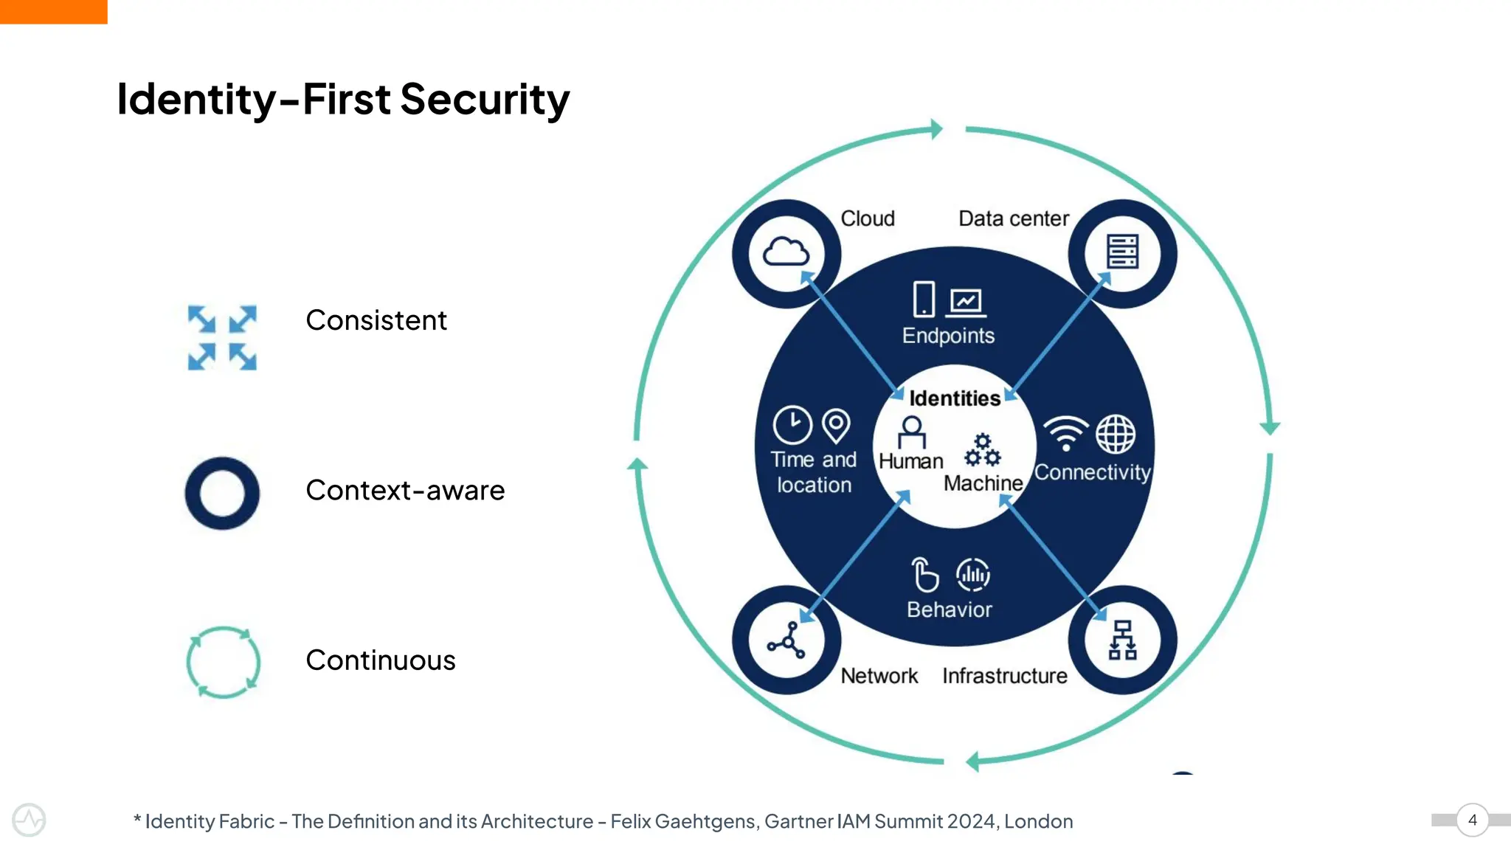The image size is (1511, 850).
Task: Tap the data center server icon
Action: pos(1122,252)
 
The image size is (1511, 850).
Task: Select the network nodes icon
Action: pos(786,640)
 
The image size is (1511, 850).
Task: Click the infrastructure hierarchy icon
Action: pos(1122,640)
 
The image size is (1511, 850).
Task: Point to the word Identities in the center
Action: pos(955,398)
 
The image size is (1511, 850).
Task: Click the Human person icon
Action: pos(912,432)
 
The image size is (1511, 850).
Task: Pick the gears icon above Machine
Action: pos(983,450)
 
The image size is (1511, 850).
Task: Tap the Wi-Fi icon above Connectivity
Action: pos(1065,433)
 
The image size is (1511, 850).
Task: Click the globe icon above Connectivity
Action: pos(1116,434)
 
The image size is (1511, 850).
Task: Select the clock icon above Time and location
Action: pos(792,425)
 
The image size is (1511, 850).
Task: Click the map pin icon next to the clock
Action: pos(836,426)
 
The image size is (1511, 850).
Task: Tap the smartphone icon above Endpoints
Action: pos(923,300)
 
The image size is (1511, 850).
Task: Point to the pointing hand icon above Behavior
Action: pos(924,575)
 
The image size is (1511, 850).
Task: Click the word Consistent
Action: pos(376,320)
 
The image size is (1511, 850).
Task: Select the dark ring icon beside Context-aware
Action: pos(222,493)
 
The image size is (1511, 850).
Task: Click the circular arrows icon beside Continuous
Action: pos(223,662)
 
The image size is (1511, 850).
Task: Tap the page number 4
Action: pos(1473,820)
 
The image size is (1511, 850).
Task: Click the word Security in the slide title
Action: pos(485,100)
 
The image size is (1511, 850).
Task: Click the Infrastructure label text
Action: pos(1004,676)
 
